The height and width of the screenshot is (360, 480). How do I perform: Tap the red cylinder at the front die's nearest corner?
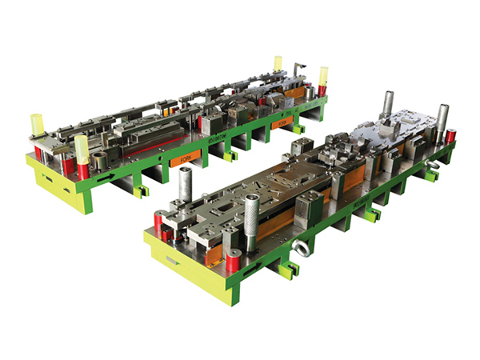point(233,261)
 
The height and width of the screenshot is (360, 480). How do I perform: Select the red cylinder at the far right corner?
point(450,135)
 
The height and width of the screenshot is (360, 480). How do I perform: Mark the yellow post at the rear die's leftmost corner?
point(36,124)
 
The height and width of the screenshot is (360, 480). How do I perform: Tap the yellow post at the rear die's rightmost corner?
point(323,76)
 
